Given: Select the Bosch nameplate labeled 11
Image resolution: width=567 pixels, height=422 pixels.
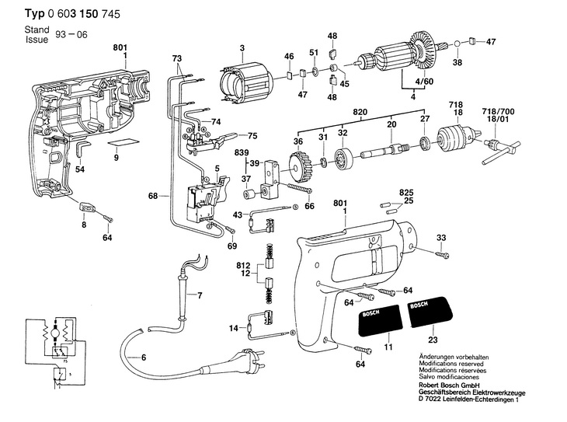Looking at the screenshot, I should tap(381, 319).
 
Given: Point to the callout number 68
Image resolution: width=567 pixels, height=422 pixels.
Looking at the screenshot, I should tap(153, 196).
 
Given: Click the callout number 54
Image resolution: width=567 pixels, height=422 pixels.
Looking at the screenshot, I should tap(80, 169).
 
